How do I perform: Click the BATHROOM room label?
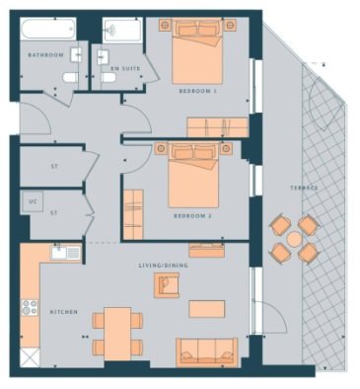click(45, 55)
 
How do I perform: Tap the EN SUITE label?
click(125, 69)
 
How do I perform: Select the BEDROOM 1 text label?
click(198, 91)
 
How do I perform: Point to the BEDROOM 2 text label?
click(192, 216)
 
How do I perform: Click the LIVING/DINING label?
click(164, 266)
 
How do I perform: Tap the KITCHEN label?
click(64, 312)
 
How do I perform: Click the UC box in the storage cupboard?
click(33, 201)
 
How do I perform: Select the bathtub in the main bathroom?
click(48, 29)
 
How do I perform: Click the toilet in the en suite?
click(108, 78)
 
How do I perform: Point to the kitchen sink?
click(66, 253)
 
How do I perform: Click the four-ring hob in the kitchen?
click(30, 308)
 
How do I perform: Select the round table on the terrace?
click(294, 239)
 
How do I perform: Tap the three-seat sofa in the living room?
click(207, 351)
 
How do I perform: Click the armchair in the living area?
click(167, 285)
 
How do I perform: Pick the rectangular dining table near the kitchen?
click(117, 334)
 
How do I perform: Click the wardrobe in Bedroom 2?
click(133, 214)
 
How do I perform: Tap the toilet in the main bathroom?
click(70, 78)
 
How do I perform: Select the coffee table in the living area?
click(207, 309)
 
